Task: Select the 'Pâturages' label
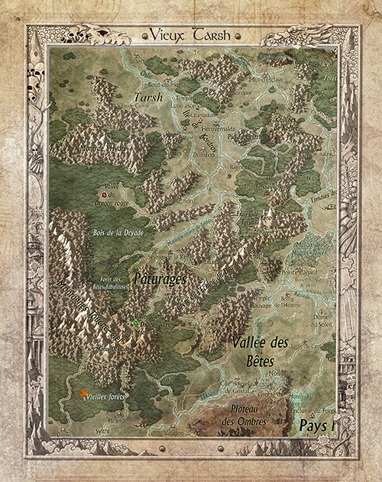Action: [x=160, y=279]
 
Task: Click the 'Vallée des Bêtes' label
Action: [x=259, y=350]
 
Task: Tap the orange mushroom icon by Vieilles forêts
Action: [x=82, y=394]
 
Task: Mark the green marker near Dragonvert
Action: [x=135, y=323]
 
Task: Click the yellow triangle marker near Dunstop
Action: [x=186, y=149]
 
